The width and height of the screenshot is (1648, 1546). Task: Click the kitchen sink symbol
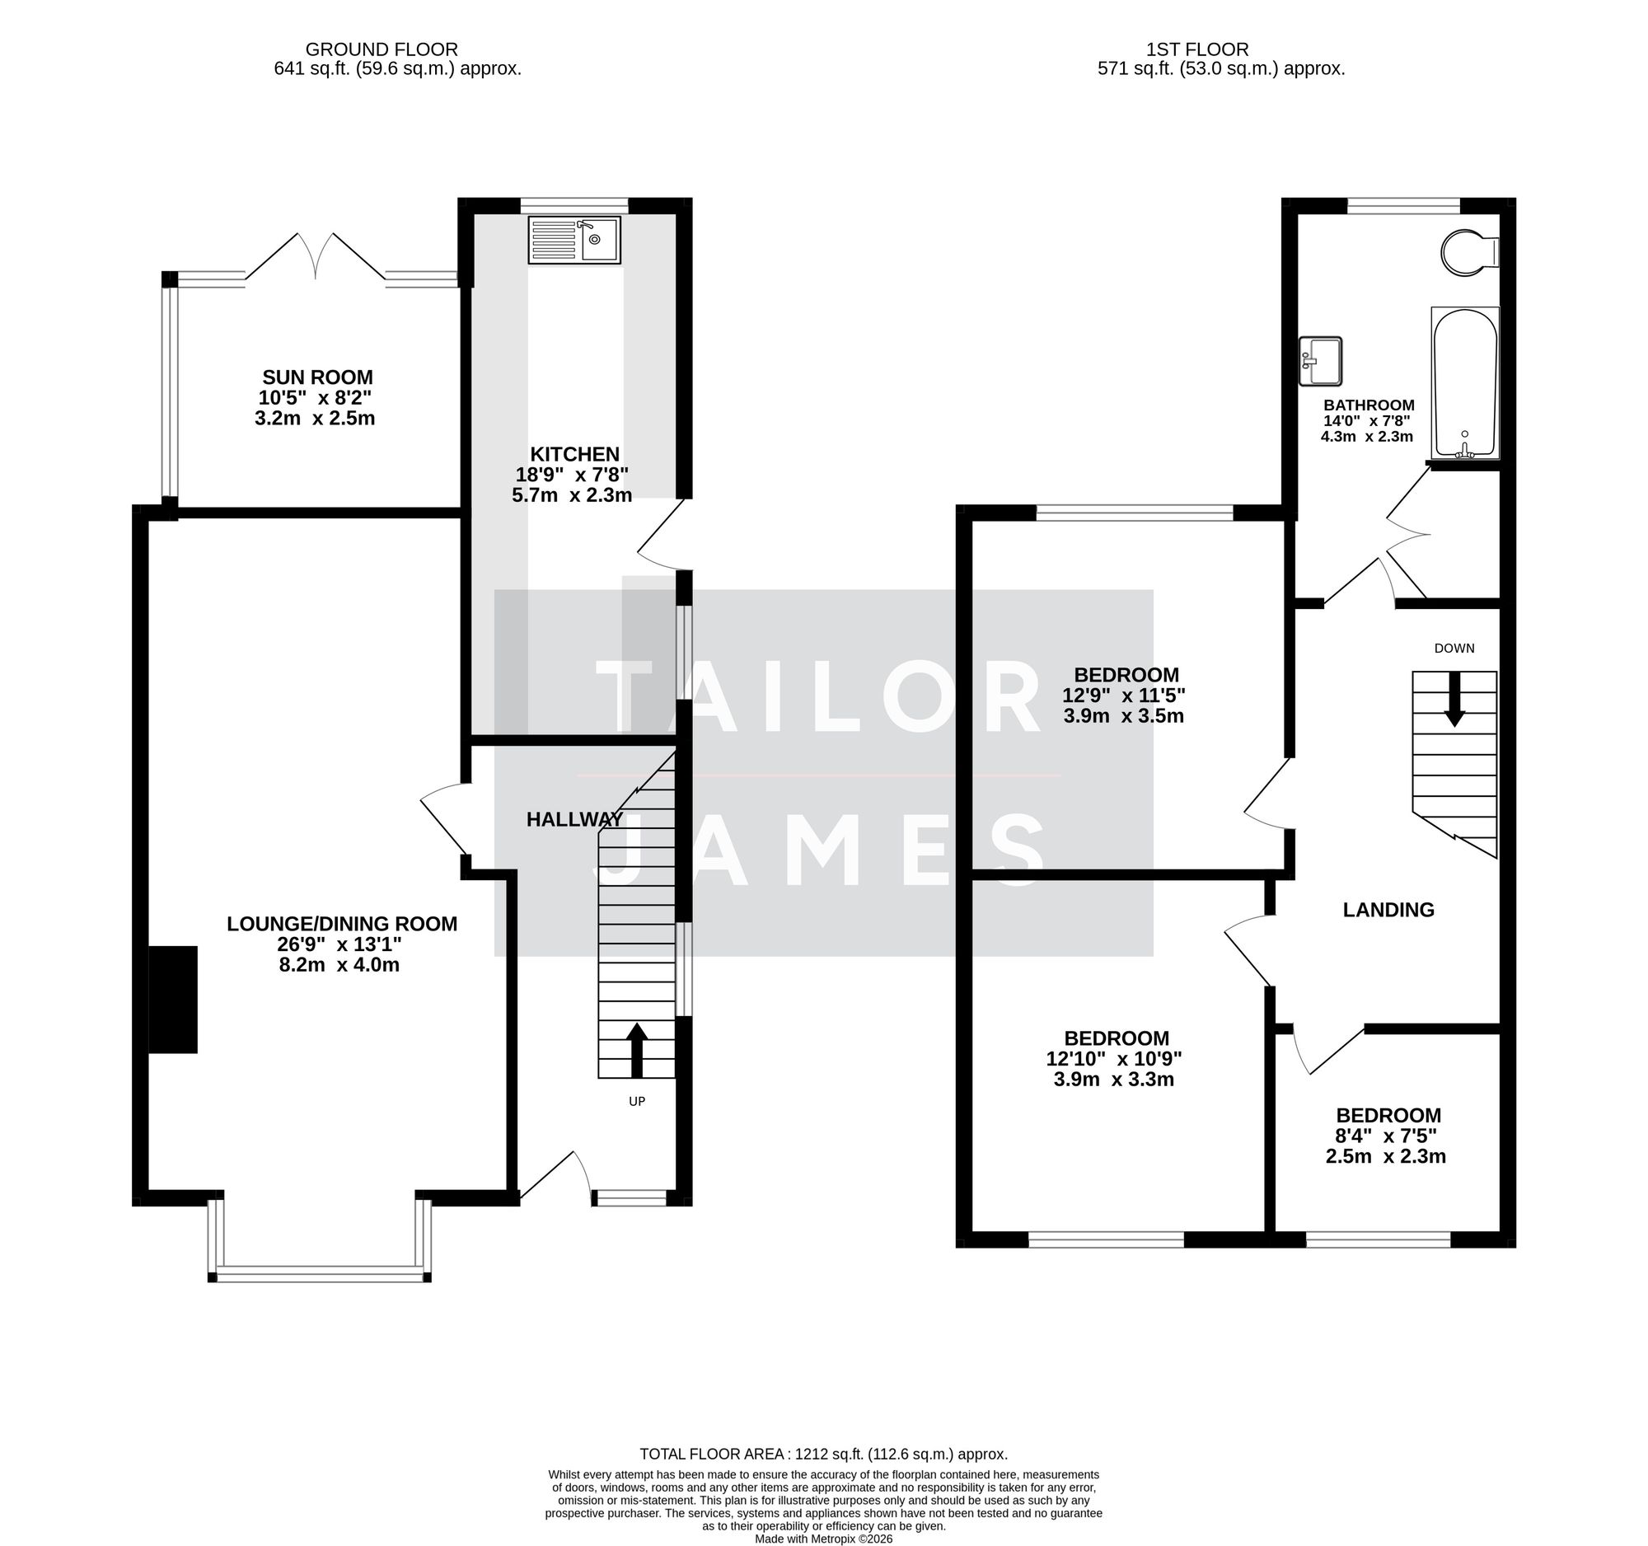(x=574, y=241)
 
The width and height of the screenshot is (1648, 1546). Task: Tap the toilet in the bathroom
(x=1469, y=251)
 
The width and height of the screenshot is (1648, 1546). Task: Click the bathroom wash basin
(x=1320, y=361)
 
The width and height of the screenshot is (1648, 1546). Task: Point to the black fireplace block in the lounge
(x=173, y=1000)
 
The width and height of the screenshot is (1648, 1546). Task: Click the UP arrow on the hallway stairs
(x=637, y=1048)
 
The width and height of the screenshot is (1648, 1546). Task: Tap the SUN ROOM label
(x=317, y=377)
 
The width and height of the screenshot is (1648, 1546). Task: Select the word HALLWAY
(x=574, y=820)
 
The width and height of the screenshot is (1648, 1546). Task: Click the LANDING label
(x=1388, y=910)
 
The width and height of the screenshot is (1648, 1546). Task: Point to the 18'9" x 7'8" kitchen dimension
(x=572, y=475)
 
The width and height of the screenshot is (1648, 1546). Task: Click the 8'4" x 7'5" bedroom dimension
(x=1386, y=1136)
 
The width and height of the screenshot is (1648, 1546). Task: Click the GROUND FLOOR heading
(x=382, y=49)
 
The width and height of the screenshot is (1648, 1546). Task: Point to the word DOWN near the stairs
(x=1454, y=649)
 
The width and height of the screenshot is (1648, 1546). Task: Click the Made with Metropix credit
(x=823, y=1539)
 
